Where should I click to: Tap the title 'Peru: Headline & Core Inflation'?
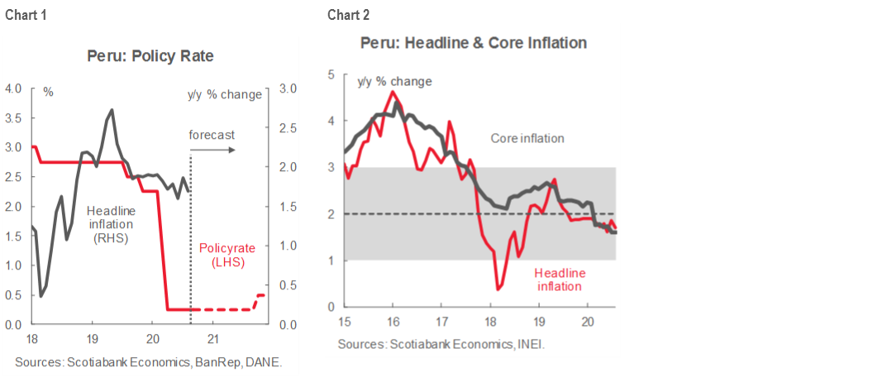tap(473, 42)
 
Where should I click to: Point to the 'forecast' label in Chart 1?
tap(212, 135)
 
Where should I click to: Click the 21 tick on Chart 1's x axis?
tap(212, 338)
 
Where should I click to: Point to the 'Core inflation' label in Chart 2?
tap(527, 138)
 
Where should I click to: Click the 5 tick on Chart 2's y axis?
tap(332, 74)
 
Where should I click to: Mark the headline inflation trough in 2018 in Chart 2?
tap(498, 288)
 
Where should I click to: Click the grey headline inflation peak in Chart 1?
tap(112, 110)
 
